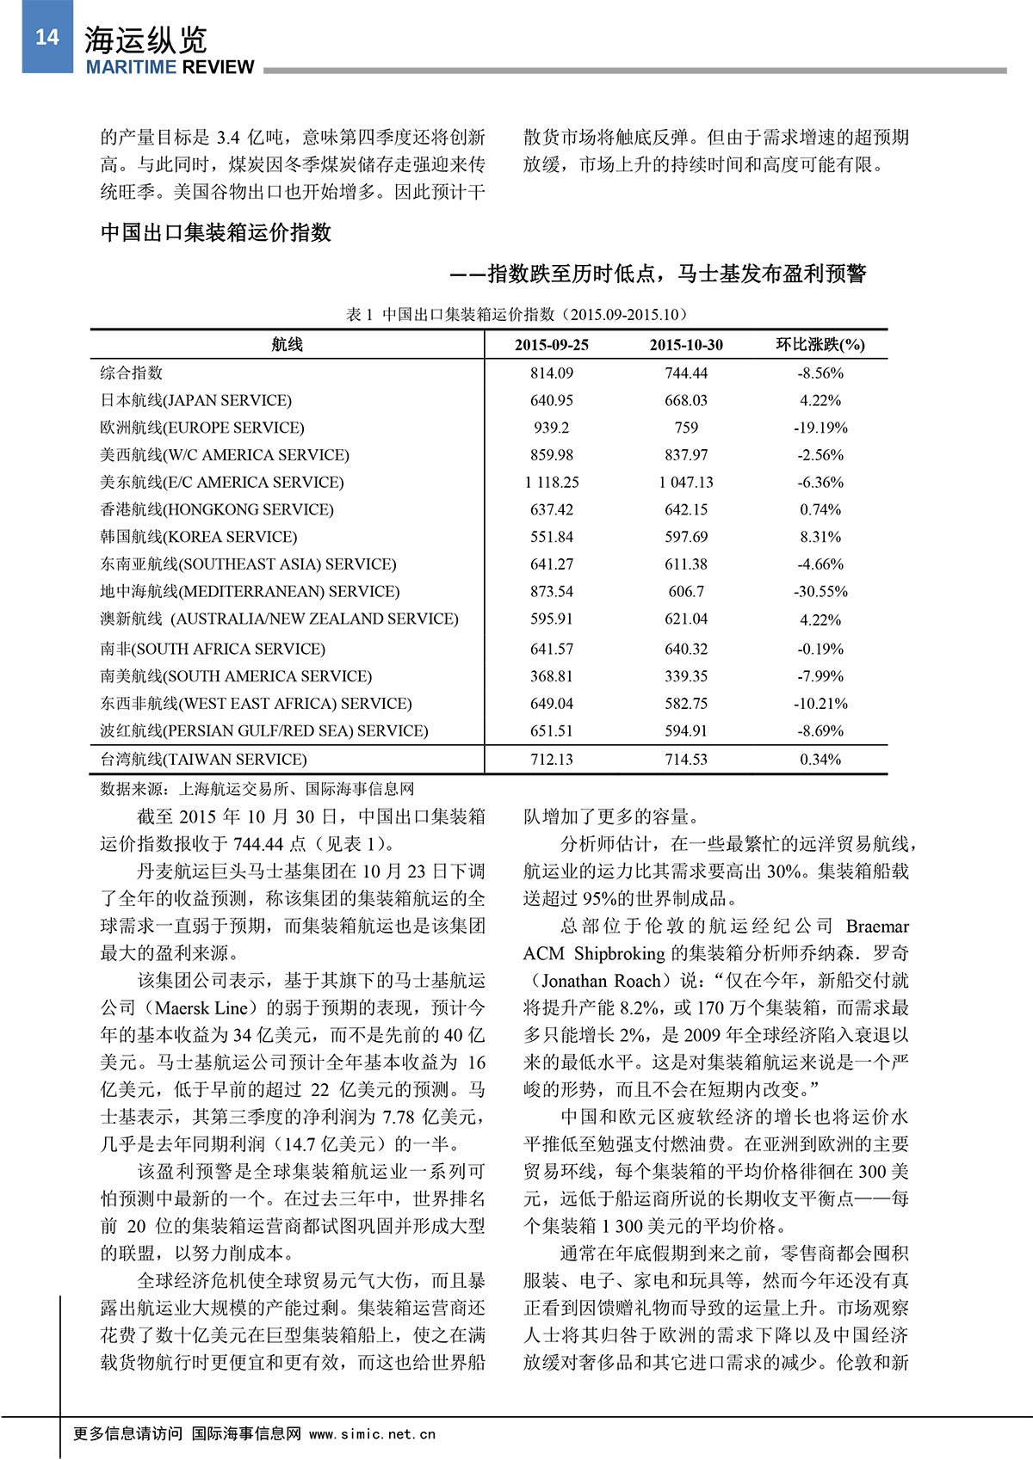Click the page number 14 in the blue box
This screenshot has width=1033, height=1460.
coord(46,37)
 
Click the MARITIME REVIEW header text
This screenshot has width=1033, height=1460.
coord(170,67)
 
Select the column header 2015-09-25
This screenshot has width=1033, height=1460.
coord(551,344)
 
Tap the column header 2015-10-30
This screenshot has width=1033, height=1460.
coord(686,344)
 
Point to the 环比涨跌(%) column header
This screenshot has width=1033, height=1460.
coord(820,344)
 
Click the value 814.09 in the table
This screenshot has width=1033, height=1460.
coord(551,373)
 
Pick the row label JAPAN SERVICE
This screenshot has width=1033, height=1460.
coord(195,400)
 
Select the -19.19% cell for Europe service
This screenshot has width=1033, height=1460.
coord(820,428)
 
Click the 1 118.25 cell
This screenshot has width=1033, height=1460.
coord(551,482)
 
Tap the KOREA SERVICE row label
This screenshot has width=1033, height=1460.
coord(198,537)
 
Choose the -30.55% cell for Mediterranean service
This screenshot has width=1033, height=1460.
coord(820,591)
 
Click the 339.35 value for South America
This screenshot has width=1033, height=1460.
coord(686,676)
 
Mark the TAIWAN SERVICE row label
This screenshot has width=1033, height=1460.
coord(203,759)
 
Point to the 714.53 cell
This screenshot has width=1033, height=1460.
coord(686,759)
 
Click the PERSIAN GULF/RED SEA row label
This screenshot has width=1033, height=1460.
coord(263,730)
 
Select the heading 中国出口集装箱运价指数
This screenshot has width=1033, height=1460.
coord(216,232)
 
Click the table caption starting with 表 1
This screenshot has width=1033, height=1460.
coord(516,314)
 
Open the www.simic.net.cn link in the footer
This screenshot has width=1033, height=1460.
coord(372,1434)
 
